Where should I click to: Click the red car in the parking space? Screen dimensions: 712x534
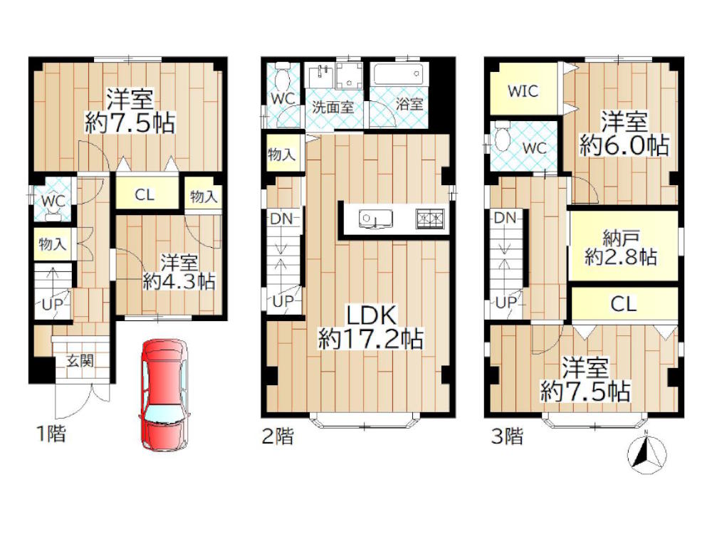[164, 394]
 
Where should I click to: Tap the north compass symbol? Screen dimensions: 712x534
[646, 452]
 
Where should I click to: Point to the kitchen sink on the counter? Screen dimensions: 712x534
[375, 219]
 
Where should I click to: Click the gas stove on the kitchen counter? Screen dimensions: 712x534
[429, 219]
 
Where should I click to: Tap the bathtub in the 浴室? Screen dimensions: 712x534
[399, 73]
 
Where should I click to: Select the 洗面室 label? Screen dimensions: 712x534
[333, 108]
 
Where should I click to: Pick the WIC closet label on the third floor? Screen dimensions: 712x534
[523, 91]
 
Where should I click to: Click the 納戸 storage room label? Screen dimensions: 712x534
[621, 237]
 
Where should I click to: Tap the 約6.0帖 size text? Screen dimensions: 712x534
[624, 145]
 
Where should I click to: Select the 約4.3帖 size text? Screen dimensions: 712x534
[179, 281]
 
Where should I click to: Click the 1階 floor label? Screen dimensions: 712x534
[51, 434]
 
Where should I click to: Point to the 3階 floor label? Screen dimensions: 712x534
[507, 436]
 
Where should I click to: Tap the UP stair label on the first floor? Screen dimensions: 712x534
[52, 304]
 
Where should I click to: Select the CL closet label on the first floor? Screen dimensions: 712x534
[145, 195]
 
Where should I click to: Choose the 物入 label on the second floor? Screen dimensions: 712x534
[281, 155]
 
